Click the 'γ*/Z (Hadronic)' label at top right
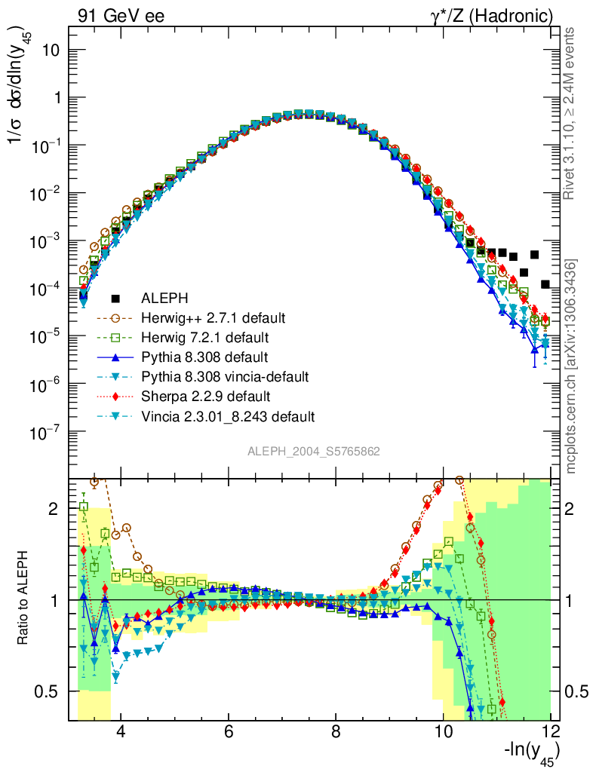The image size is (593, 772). click(x=492, y=15)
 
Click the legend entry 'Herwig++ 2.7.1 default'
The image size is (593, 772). click(x=214, y=317)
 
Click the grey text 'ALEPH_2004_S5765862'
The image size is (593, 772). click(x=314, y=452)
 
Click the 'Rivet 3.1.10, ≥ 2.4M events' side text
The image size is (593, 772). click(x=570, y=113)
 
